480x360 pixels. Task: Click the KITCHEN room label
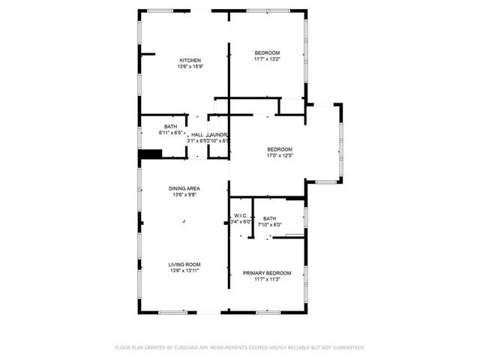point(190,60)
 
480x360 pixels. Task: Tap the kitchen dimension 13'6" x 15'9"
point(190,67)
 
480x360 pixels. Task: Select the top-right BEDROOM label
point(267,52)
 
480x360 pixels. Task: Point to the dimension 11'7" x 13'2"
point(267,59)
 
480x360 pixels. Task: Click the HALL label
point(197,133)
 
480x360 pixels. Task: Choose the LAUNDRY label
point(217,133)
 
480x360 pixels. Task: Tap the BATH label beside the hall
point(171,127)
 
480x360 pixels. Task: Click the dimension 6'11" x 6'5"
point(171,133)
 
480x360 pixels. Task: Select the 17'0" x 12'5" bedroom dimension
point(279,156)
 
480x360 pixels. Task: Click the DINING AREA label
point(184,189)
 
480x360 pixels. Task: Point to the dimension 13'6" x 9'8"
point(184,196)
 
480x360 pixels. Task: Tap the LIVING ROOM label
point(184,264)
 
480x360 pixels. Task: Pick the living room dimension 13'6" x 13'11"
point(184,271)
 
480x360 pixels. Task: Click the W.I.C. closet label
point(240,215)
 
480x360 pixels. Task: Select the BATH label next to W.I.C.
point(269,218)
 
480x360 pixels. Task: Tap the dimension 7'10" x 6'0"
point(269,224)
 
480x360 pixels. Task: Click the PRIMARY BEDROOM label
point(267,273)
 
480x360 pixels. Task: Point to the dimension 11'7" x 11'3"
point(267,280)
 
